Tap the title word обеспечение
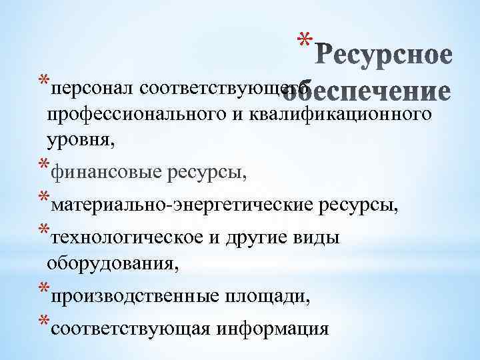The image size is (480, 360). pos(381,92)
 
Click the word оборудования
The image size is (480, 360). pos(112,264)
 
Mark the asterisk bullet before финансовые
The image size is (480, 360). pos(43,168)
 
